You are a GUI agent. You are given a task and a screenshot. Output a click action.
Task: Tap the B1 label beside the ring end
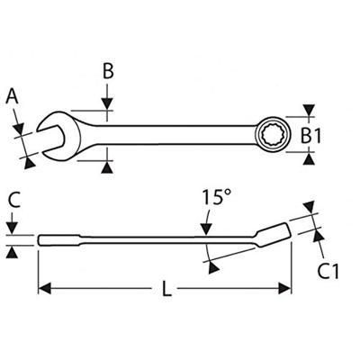tap(310, 136)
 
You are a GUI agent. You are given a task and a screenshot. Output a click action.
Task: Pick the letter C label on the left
tap(12, 200)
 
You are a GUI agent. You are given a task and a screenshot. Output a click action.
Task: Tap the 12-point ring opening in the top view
tap(272, 136)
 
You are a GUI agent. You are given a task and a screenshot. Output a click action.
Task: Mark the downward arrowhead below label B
tap(108, 113)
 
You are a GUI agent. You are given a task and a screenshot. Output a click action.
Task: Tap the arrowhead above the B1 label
tap(310, 112)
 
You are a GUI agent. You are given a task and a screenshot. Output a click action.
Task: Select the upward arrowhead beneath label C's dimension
tap(12, 255)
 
